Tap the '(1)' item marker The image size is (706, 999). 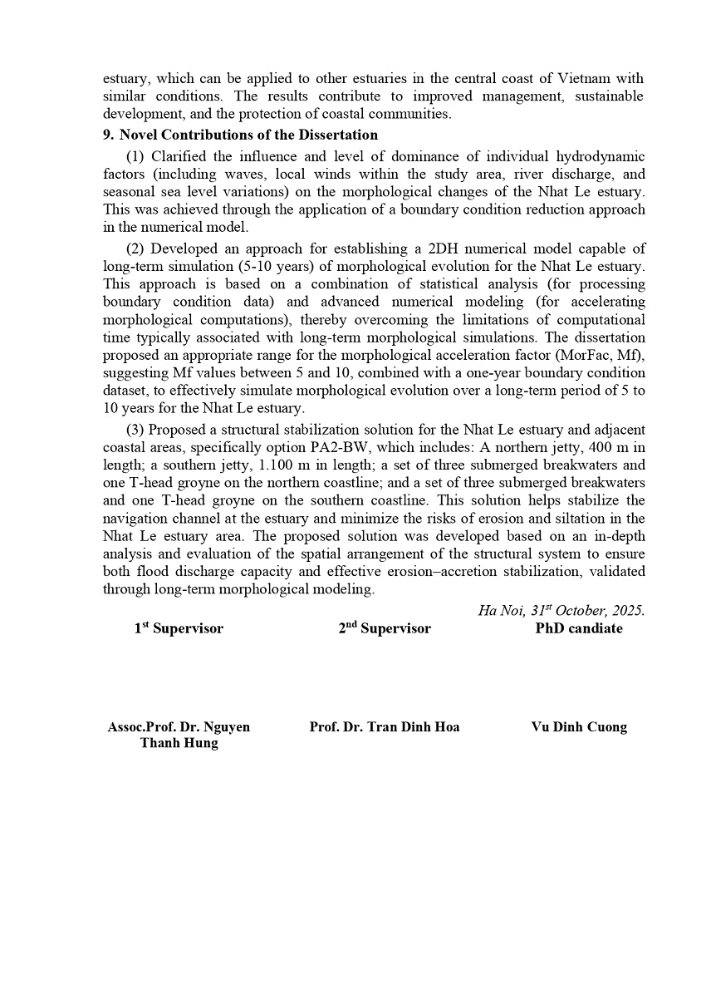point(135,156)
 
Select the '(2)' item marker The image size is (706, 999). point(135,249)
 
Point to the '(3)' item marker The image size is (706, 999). point(135,430)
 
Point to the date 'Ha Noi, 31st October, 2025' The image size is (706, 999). point(561,610)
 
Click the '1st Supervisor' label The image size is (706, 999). point(179,629)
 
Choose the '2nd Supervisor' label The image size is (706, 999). point(385,629)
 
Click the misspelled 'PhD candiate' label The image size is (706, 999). point(579,628)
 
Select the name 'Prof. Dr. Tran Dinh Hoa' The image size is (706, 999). point(385,727)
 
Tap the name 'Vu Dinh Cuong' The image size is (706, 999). point(579,727)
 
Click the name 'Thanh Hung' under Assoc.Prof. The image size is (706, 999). point(179,743)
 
